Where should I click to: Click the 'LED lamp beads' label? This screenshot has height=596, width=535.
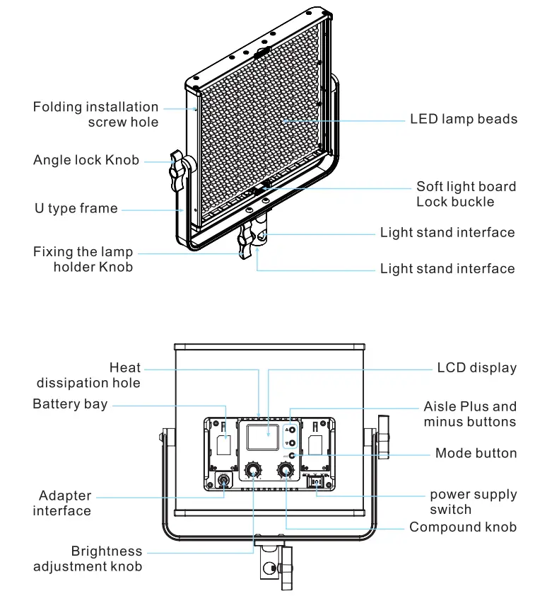[464, 119]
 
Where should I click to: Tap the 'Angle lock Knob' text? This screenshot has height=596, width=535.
[86, 160]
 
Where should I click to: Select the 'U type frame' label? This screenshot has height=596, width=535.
[76, 209]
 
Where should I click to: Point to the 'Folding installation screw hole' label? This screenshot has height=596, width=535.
[96, 115]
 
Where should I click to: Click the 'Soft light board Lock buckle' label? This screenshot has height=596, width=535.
[466, 194]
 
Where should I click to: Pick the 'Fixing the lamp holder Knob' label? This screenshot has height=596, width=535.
[83, 260]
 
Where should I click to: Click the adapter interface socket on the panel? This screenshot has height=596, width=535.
[223, 482]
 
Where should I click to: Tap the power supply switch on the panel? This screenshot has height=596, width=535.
[316, 483]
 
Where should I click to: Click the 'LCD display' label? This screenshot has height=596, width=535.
[476, 368]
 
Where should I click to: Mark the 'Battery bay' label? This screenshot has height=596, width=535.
[70, 404]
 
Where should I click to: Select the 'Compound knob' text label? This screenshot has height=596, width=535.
[462, 527]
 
